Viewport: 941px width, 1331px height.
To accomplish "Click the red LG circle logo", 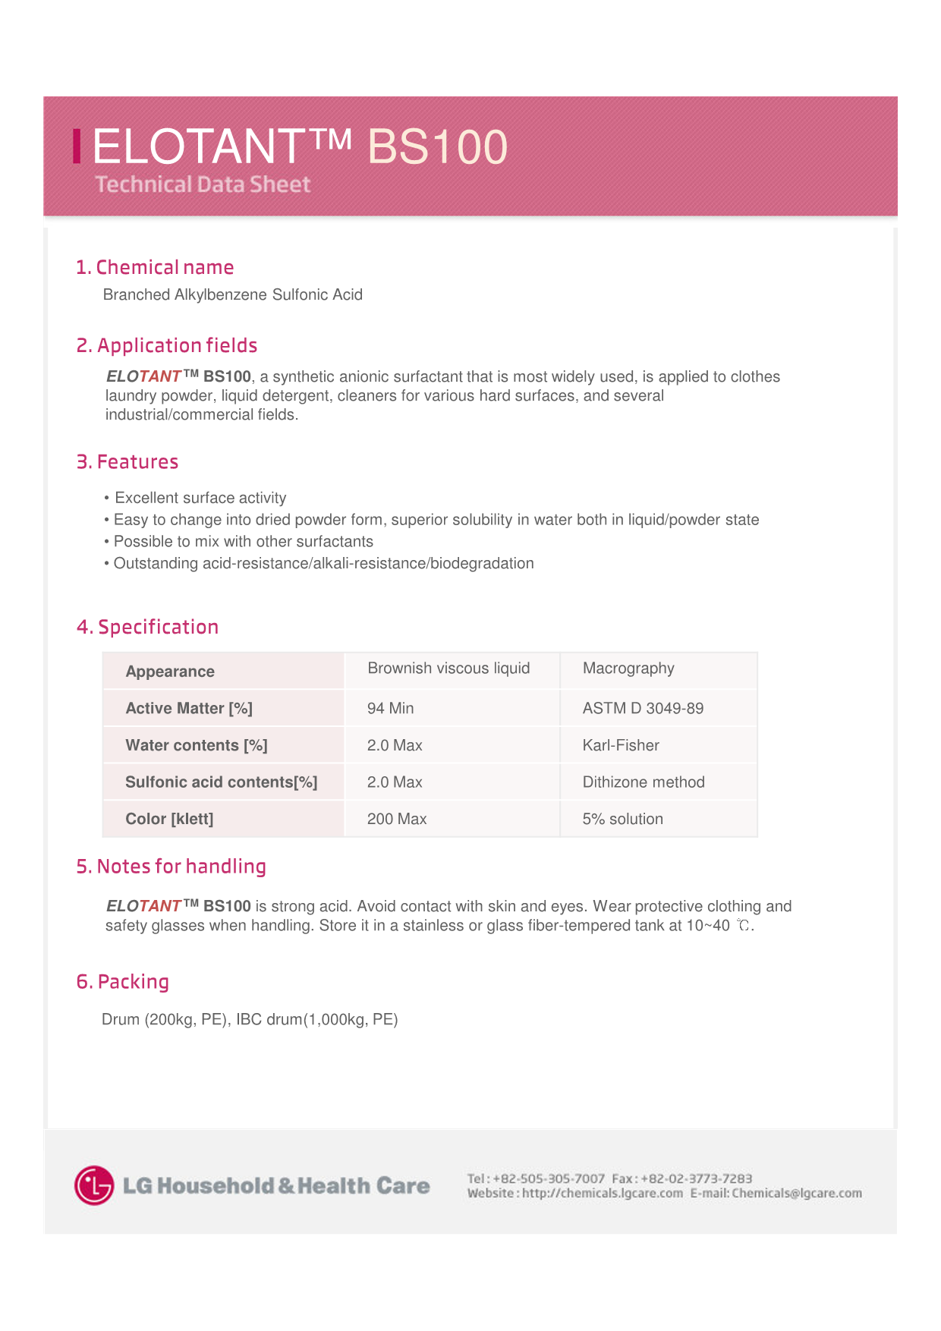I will [94, 1185].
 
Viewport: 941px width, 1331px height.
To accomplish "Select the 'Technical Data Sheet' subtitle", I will [203, 184].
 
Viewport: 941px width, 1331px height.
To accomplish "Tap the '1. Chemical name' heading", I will [155, 267].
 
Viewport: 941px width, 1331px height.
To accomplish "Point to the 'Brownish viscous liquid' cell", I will [448, 669].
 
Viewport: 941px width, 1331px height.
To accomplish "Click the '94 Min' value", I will [390, 708].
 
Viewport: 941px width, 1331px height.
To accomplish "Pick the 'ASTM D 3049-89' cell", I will [643, 708].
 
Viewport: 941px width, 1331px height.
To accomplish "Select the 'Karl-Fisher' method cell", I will [621, 745].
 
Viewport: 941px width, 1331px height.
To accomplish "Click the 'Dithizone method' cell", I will [644, 782].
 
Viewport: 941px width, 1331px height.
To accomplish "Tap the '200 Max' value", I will [397, 819].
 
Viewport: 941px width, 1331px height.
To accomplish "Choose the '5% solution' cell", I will [622, 819].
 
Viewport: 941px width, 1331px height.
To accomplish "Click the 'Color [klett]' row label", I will [169, 819].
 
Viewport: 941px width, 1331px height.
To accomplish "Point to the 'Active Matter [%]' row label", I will [189, 708].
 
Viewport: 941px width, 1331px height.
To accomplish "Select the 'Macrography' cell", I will [628, 669].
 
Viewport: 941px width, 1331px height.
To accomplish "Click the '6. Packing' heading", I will [122, 982].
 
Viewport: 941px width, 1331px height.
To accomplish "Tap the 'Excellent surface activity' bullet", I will [200, 498].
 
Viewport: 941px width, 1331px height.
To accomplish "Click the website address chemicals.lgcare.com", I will [603, 1194].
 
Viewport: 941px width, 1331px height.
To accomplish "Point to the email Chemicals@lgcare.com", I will [797, 1194].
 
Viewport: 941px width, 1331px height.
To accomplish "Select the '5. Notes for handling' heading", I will [171, 867].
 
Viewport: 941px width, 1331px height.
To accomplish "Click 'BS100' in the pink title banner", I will [438, 146].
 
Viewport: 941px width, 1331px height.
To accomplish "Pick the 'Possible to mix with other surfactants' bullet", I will [243, 542].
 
